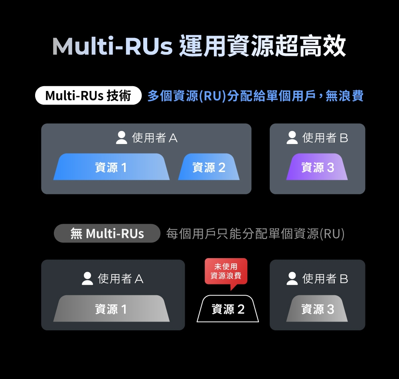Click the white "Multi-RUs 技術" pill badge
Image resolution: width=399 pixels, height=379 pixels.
[x=88, y=96]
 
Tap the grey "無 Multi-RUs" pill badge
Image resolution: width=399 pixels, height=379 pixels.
[x=107, y=233]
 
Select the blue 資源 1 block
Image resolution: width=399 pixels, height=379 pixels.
[x=111, y=167]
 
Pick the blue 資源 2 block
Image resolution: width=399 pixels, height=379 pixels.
[x=209, y=167]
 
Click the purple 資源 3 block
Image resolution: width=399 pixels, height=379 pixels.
[x=317, y=167]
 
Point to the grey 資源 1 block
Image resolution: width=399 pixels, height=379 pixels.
[x=111, y=309]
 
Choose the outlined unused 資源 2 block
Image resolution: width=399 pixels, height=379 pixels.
[x=228, y=309]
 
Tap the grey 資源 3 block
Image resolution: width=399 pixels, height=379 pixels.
[x=317, y=309]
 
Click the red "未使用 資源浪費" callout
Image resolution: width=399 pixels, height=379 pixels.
[x=226, y=271]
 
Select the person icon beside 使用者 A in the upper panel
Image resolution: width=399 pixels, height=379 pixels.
[x=122, y=138]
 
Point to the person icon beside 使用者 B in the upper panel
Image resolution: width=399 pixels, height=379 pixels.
[x=292, y=138]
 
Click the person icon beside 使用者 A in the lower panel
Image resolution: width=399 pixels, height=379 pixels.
[x=87, y=278]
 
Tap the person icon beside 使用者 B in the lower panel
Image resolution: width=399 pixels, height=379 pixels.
[x=292, y=278]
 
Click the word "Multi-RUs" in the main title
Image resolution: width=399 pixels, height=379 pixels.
[x=112, y=47]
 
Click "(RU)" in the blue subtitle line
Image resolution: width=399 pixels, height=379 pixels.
[x=212, y=96]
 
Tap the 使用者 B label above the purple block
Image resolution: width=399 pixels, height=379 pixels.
[x=325, y=138]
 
